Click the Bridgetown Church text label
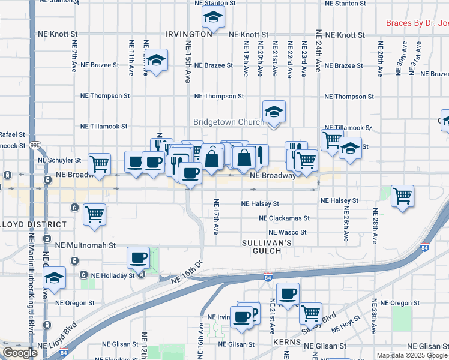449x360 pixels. pyautogui.click(x=229, y=122)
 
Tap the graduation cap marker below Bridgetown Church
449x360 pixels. pyautogui.click(x=274, y=112)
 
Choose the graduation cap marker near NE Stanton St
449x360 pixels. pyautogui.click(x=212, y=20)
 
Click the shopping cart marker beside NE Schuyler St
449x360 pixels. pyautogui.click(x=99, y=163)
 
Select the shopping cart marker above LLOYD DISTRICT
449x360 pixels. pyautogui.click(x=94, y=214)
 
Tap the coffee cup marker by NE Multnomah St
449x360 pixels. pyautogui.click(x=138, y=258)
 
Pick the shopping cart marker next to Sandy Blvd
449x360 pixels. pyautogui.click(x=310, y=313)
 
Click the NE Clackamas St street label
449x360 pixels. pyautogui.click(x=284, y=218)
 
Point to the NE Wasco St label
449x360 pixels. pyautogui.click(x=288, y=232)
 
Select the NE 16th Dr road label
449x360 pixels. pyautogui.click(x=187, y=273)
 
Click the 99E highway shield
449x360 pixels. pyautogui.click(x=35, y=145)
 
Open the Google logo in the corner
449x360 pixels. pyautogui.click(x=19, y=353)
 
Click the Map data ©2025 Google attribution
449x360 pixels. pyautogui.click(x=412, y=355)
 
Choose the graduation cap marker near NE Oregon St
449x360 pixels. pyautogui.click(x=54, y=278)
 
